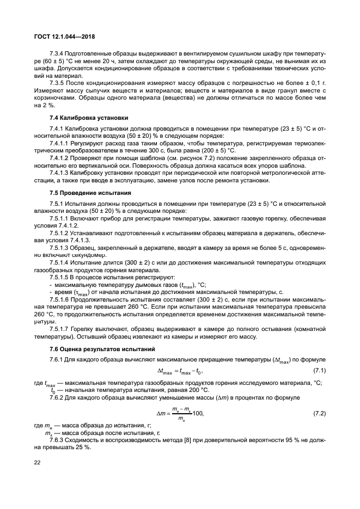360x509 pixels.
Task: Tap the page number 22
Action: [38, 464]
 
